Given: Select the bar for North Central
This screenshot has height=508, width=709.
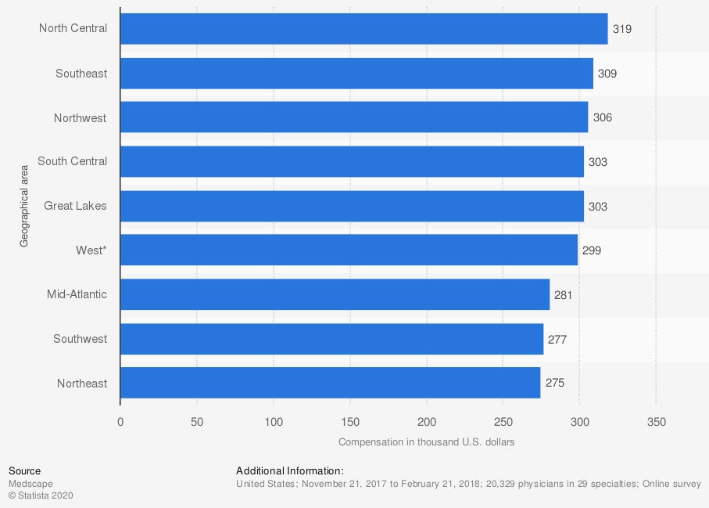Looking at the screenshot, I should click(363, 29).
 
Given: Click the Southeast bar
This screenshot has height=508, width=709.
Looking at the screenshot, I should click(356, 74).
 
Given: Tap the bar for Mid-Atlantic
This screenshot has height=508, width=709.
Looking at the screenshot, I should click(335, 294).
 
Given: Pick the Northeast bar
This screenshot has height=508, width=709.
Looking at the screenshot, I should click(330, 383).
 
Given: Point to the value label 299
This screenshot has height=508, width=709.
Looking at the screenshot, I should click(592, 250).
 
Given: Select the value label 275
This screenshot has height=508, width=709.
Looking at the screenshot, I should click(554, 384).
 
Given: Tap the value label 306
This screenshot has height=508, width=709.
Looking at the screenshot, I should click(603, 117).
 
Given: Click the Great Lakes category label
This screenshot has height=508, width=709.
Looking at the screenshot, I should click(75, 206).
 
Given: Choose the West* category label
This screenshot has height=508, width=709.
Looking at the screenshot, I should click(91, 250).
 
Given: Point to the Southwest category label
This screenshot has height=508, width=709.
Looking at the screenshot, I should click(81, 339).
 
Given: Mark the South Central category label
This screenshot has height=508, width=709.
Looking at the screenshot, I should click(72, 162).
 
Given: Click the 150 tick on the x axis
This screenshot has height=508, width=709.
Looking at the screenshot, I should click(349, 422).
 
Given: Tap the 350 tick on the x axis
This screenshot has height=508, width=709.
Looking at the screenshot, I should click(656, 422).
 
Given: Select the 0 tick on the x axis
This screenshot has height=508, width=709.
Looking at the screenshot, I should click(120, 422).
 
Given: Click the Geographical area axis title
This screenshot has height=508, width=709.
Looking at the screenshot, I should click(24, 206).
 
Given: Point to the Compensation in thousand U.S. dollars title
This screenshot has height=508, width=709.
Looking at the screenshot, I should click(426, 442).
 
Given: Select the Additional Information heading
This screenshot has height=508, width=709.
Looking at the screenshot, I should click(289, 471).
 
